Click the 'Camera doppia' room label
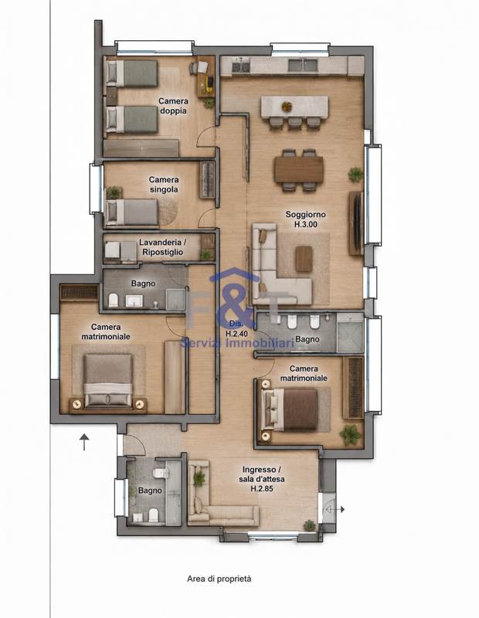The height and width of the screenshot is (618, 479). pyautogui.click(x=173, y=106)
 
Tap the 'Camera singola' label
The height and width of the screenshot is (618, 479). pyautogui.click(x=164, y=185)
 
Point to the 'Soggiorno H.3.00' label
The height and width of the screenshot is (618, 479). pyautogui.click(x=305, y=219)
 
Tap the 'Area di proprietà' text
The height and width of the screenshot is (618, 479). pyautogui.click(x=219, y=579)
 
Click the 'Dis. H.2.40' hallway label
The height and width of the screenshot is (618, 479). pyautogui.click(x=236, y=328)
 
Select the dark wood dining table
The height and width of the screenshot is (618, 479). pyautogui.click(x=299, y=169)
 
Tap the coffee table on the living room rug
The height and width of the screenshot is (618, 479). pyautogui.click(x=304, y=259)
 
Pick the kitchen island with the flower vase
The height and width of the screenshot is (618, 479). pyautogui.click(x=294, y=107)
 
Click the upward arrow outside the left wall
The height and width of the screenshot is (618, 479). pyautogui.click(x=84, y=442)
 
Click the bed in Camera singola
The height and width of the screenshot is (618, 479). pyautogui.click(x=132, y=212)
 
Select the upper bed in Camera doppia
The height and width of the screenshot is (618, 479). pyautogui.click(x=131, y=73)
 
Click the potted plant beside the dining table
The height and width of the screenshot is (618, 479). pyautogui.click(x=355, y=175)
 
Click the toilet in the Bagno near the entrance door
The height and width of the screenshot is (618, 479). pyautogui.click(x=161, y=473)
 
